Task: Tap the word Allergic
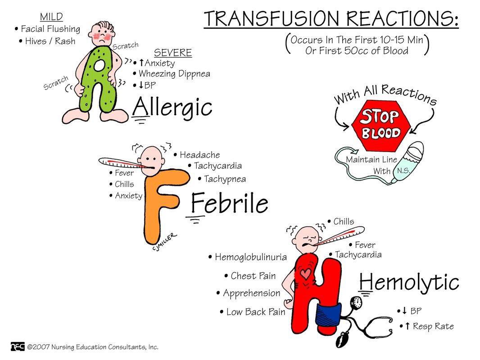point(172,108)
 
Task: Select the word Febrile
point(230,204)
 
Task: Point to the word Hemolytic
point(409,283)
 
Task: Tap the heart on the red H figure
point(306,274)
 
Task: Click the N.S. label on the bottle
point(403,171)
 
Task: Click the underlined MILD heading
point(51,17)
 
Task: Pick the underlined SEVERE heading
point(173,53)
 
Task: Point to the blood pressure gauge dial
point(358,302)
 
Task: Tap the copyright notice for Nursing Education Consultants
point(92,347)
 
